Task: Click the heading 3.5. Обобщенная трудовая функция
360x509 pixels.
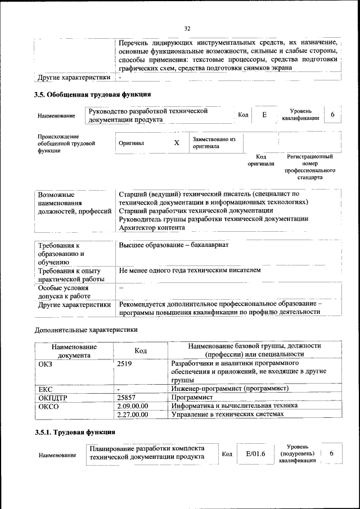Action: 93,94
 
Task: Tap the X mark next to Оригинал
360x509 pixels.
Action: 177,143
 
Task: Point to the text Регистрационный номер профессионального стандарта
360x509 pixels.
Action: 310,167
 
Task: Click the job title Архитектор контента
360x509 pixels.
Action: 152,227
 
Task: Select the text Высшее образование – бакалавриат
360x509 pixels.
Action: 174,246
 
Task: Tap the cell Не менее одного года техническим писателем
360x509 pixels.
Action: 190,271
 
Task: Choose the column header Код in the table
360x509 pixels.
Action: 141,351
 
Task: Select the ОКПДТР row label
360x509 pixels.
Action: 53,397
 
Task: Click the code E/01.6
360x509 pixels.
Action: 251,453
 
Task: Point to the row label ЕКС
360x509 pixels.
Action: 46,389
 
